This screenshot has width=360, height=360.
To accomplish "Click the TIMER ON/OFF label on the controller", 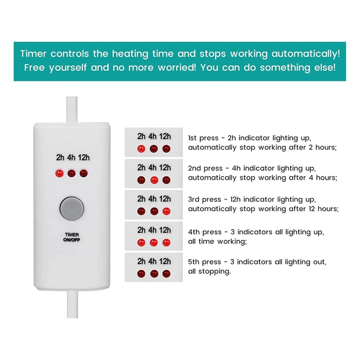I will tap(71, 237).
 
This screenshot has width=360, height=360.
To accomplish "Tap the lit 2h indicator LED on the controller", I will tap(58, 173).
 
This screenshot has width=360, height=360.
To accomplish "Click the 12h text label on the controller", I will tap(83, 157).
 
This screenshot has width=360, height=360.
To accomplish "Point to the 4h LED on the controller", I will tap(71, 173).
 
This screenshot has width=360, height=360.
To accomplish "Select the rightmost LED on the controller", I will tap(83, 173).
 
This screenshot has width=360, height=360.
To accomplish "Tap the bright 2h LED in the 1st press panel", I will tap(141, 148).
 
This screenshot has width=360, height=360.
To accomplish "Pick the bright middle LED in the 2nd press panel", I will tap(154, 180).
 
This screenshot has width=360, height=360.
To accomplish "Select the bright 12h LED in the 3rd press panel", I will tap(166, 211).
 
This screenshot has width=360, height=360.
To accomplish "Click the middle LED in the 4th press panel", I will tap(154, 242).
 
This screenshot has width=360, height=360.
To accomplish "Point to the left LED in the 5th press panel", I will tap(141, 273).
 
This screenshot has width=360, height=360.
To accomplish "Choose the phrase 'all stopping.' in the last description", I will tap(209, 271).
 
